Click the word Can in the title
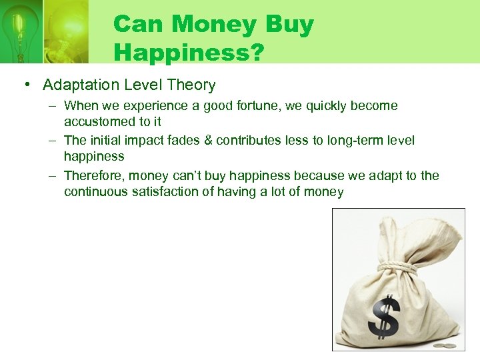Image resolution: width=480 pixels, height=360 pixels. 137,25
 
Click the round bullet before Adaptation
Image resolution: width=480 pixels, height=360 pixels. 25,85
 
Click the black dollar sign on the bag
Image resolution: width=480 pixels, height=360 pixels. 385,317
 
